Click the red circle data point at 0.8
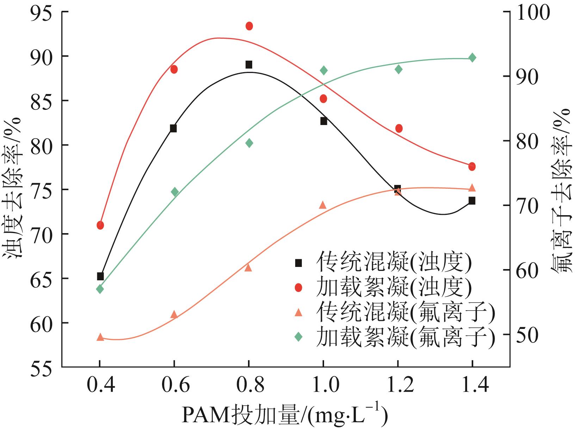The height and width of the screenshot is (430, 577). pos(249,26)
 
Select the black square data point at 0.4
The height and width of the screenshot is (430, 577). pos(100,276)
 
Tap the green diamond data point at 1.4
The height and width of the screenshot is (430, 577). pos(472,58)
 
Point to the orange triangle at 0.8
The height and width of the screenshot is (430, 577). pos(248,268)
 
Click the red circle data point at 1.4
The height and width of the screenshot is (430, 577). pos(472,167)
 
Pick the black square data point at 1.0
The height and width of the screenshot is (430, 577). pos(324,121)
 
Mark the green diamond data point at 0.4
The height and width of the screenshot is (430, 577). pos(100,289)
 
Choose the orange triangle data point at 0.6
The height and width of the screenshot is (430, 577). pos(174,314)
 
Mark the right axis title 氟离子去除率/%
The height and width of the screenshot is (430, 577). pos(562,190)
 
